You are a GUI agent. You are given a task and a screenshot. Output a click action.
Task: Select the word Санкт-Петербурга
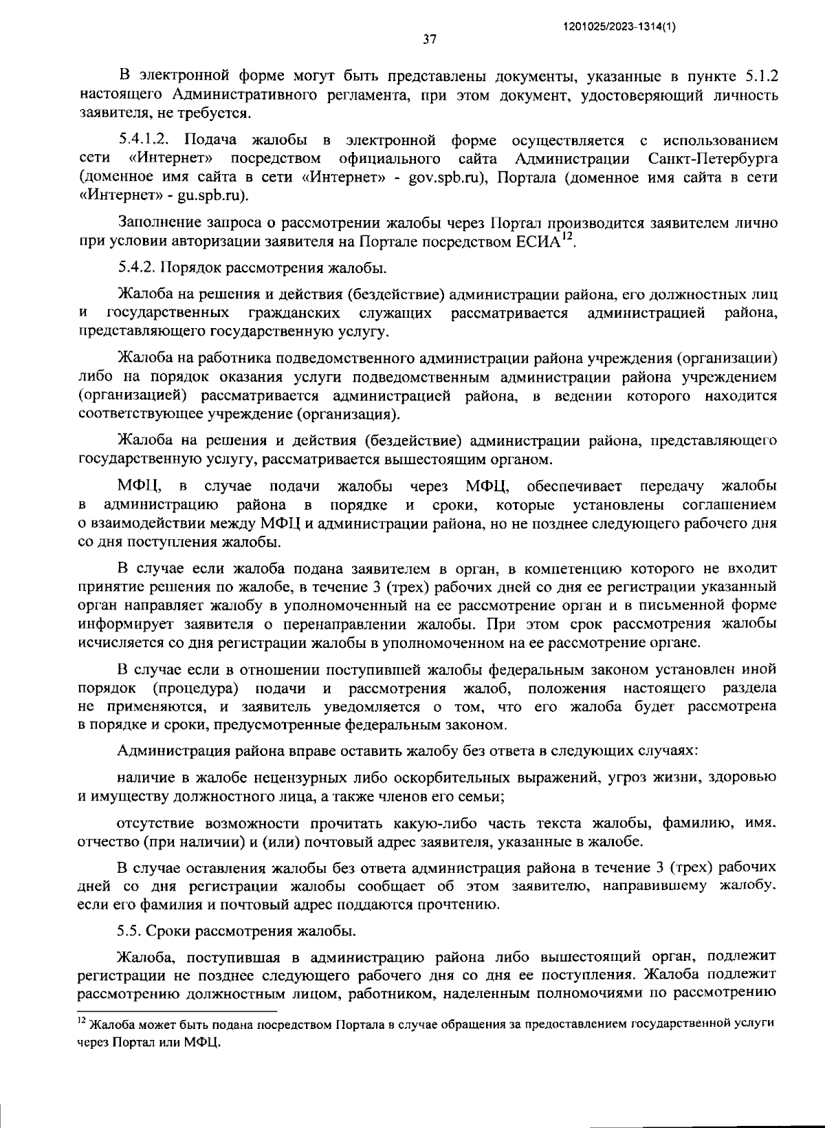(x=713, y=160)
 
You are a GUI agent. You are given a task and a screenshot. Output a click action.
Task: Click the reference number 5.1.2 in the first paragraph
(x=761, y=76)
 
